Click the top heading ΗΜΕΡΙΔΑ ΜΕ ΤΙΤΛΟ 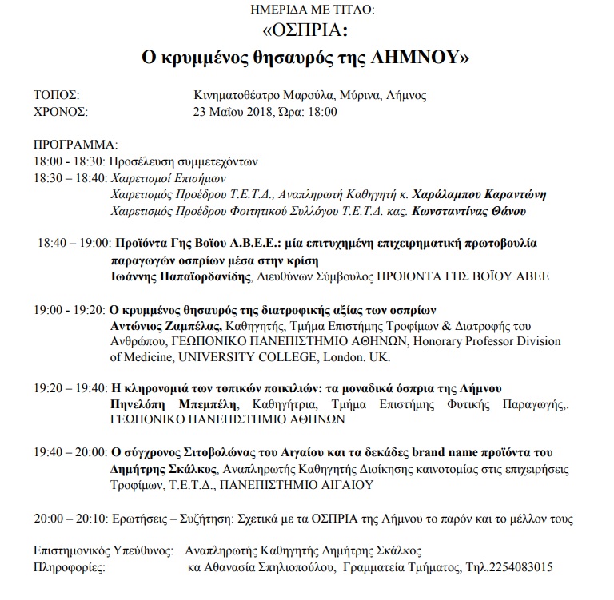click(x=307, y=10)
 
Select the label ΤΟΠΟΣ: click(x=56, y=95)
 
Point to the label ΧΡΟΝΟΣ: click(x=61, y=111)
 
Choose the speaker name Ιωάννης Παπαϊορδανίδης click(x=180, y=277)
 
